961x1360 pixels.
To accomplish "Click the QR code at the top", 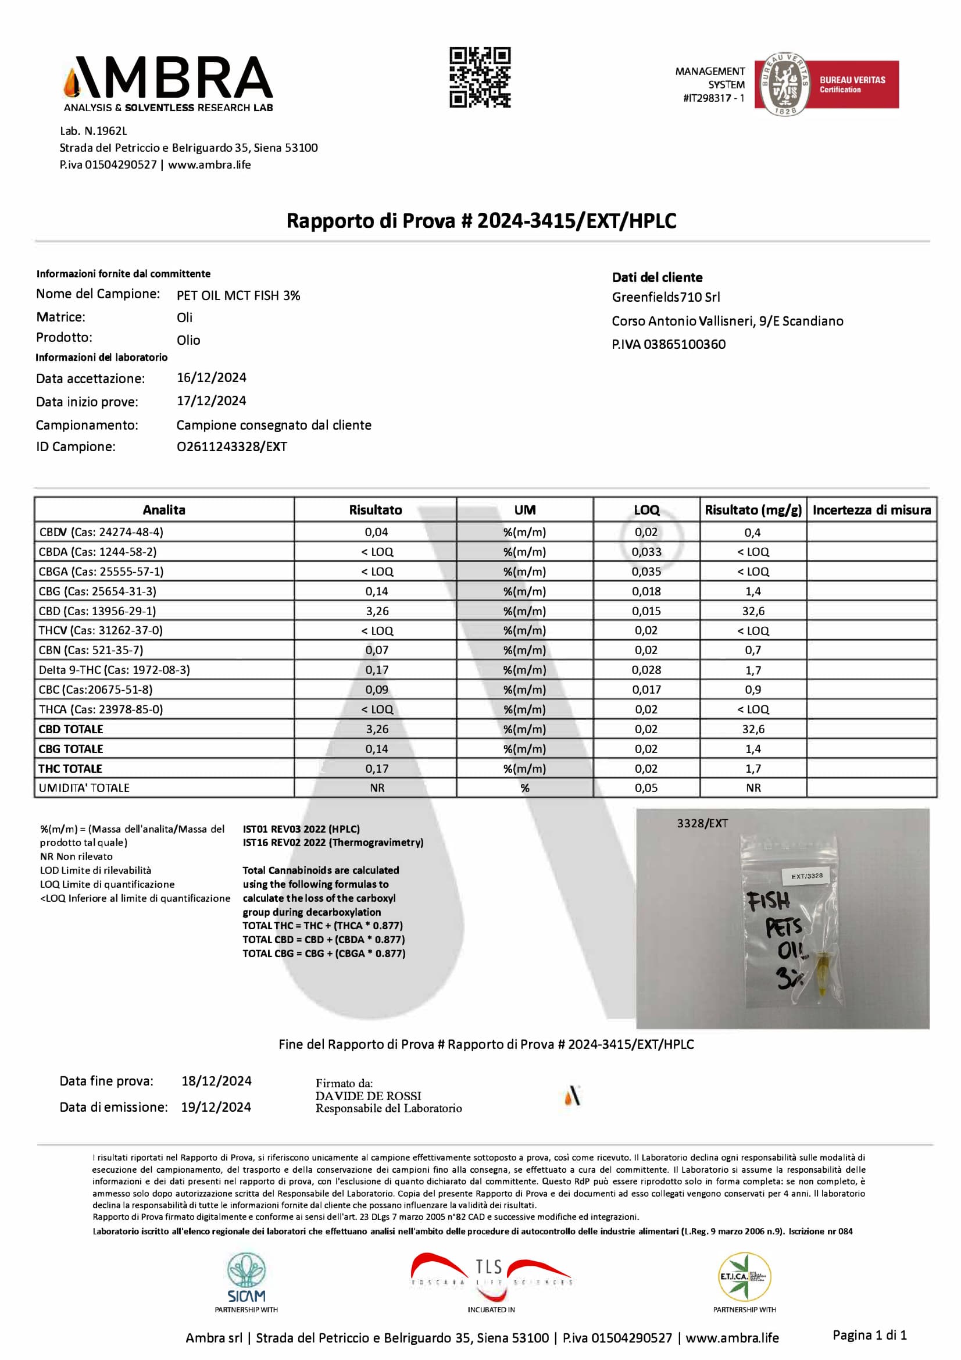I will pyautogui.click(x=480, y=77).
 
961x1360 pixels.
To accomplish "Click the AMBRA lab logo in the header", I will pyautogui.click(x=168, y=84).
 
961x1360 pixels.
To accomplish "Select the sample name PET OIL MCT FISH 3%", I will pyautogui.click(x=238, y=295).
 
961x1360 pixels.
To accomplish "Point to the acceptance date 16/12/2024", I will pyautogui.click(x=212, y=378).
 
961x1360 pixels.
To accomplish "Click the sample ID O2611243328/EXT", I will pyautogui.click(x=231, y=447).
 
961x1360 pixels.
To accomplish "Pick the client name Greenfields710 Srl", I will pyautogui.click(x=666, y=297).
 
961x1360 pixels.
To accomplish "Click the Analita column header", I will pyautogui.click(x=164, y=510).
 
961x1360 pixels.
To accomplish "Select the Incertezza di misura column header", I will pyautogui.click(x=871, y=510).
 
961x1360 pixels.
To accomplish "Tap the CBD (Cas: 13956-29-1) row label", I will pyautogui.click(x=98, y=611).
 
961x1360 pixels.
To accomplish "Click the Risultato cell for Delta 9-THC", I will pyautogui.click(x=377, y=670).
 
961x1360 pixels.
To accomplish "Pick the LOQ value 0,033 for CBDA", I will pyautogui.click(x=646, y=552).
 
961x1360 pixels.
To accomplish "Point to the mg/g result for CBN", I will pyautogui.click(x=752, y=651).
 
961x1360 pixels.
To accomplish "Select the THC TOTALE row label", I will pyautogui.click(x=70, y=768).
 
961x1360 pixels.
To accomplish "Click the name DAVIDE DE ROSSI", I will pyautogui.click(x=367, y=1096).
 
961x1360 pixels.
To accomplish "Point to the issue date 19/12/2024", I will pyautogui.click(x=216, y=1107).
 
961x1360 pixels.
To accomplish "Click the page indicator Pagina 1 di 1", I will pyautogui.click(x=869, y=1334).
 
